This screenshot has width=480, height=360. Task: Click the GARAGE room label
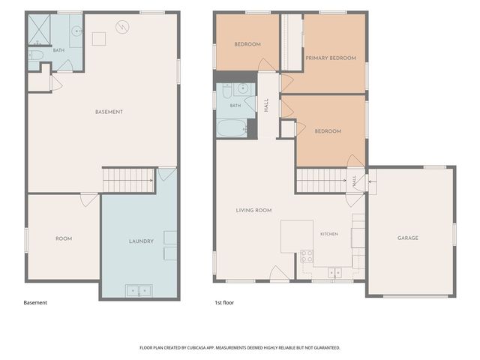[x=408, y=238]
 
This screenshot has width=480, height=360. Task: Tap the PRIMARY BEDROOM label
[x=331, y=58]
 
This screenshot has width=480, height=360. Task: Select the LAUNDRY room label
[x=141, y=241]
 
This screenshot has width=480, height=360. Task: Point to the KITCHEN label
[x=329, y=234]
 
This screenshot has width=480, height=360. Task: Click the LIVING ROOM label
[x=253, y=210]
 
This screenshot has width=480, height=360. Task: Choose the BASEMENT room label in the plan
[x=109, y=112]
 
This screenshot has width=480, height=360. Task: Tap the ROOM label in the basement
[x=64, y=238]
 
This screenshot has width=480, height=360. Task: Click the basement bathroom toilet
[x=36, y=55]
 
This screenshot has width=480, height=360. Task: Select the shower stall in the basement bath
[x=39, y=30]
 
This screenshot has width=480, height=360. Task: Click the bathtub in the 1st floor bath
[x=232, y=128]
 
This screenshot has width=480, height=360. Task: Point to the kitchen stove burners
[x=307, y=256]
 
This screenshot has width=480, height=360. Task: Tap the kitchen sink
[x=335, y=272]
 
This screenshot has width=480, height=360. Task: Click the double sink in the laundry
[x=139, y=290]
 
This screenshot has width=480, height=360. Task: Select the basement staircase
[x=128, y=181]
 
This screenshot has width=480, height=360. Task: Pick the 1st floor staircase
[x=321, y=181]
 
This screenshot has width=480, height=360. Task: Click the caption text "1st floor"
[x=224, y=303]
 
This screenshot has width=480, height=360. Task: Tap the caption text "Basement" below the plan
[x=35, y=303]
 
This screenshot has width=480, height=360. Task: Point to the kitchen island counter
[x=297, y=236]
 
